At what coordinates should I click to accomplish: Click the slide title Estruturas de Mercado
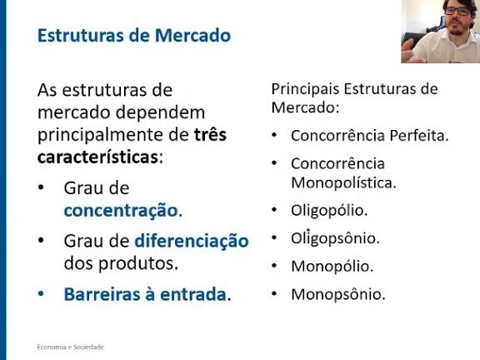134,36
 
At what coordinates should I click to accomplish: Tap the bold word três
210,135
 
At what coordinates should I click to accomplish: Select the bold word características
97,157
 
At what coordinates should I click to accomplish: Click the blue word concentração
121,211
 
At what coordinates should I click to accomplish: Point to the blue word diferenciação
192,241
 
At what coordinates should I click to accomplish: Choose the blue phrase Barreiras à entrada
145,294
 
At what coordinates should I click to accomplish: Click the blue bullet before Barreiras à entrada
41,293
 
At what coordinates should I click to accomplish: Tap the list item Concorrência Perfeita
369,136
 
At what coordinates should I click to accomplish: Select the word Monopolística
343,182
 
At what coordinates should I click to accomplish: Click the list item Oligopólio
329,211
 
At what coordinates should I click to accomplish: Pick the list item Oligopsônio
335,238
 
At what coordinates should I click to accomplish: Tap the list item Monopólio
332,267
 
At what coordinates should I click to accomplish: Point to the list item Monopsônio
338,294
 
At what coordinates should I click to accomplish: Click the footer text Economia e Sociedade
70,347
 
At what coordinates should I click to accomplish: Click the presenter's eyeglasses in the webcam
457,11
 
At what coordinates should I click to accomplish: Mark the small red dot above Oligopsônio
308,230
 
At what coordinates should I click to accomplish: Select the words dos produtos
121,263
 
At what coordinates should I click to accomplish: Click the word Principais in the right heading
305,89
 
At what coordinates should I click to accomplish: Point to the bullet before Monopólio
274,266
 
